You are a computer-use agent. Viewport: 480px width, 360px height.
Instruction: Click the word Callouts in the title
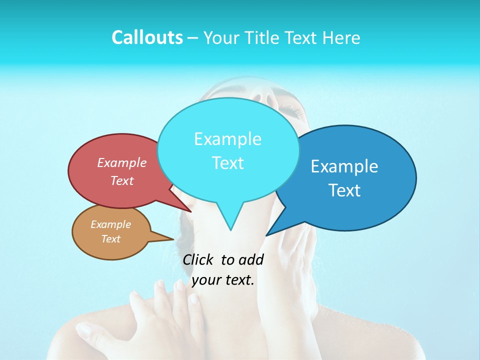(x=147, y=37)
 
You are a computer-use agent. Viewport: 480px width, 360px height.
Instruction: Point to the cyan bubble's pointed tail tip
(x=230, y=229)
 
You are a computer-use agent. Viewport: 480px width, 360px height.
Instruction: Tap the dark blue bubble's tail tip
(x=267, y=235)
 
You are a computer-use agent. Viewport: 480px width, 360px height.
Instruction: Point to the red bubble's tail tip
(x=190, y=211)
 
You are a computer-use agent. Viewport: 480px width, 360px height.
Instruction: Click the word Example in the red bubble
(x=121, y=163)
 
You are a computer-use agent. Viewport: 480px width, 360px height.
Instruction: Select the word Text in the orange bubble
(x=110, y=239)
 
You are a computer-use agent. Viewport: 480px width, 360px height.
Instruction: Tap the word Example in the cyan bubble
(x=227, y=139)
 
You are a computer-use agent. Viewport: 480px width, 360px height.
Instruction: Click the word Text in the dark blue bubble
(x=344, y=190)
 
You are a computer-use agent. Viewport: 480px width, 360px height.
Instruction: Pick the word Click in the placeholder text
(x=197, y=260)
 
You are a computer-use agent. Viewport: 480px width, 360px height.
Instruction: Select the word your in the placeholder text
(x=206, y=280)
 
